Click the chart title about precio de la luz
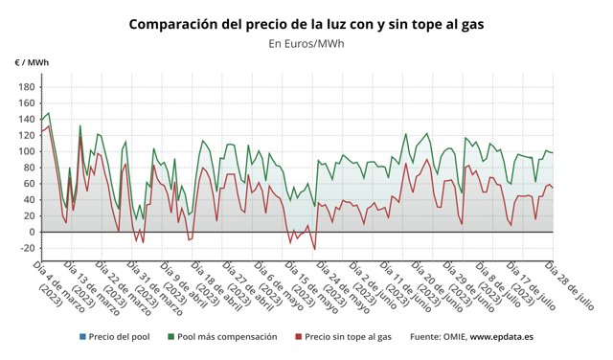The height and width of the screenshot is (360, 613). (x=306, y=23)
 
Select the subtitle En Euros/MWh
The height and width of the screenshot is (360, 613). (x=306, y=43)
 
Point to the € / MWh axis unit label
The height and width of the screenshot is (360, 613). (x=32, y=62)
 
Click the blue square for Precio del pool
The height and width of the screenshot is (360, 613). (x=83, y=337)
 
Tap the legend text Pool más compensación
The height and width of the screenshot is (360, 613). (x=227, y=337)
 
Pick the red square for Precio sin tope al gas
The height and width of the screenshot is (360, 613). (x=298, y=337)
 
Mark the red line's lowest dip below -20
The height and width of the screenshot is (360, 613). (x=315, y=250)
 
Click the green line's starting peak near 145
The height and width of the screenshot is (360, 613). (x=49, y=114)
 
